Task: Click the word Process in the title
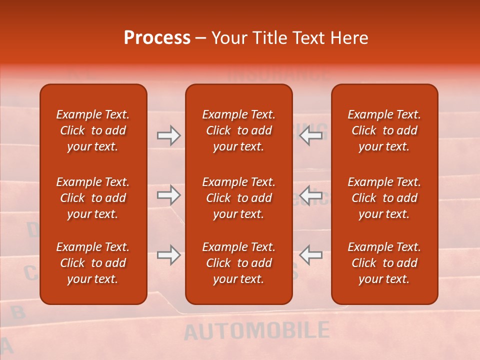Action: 157,38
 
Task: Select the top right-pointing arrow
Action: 168,135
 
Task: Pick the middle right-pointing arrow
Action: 168,194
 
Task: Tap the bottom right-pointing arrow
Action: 168,255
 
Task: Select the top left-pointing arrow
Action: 310,135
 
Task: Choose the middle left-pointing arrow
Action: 310,194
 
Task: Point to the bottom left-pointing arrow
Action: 310,255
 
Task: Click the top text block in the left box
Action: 93,130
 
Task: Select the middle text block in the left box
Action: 93,198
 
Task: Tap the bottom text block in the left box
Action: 93,263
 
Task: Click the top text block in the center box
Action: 239,130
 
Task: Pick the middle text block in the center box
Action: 239,198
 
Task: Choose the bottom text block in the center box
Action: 239,263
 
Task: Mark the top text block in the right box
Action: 384,130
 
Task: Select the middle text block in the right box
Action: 384,198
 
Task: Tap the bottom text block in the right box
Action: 384,263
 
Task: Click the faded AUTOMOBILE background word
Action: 256,331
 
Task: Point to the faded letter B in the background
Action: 18,312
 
